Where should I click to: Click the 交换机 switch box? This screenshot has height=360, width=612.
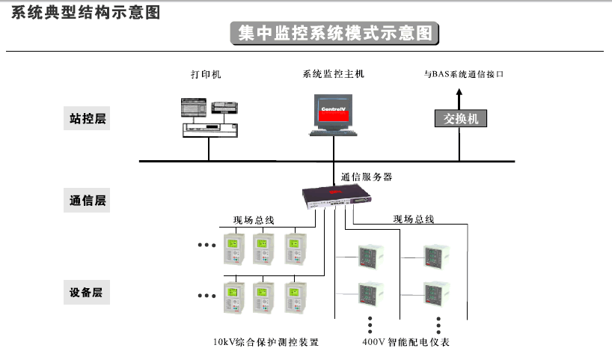pos(460,118)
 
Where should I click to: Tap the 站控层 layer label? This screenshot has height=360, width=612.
pos(87,118)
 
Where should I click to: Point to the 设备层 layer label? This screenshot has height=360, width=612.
pos(87,293)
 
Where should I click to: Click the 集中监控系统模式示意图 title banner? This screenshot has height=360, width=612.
pos(334,34)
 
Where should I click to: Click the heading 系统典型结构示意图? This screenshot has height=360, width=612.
pos(86,12)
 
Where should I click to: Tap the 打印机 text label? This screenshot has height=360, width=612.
pos(206,75)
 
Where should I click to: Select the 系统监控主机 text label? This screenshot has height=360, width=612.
pos(333,74)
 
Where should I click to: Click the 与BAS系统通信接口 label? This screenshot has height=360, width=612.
pos(464,75)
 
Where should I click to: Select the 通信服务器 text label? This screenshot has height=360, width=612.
pos(366,177)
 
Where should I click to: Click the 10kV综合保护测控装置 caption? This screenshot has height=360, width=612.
pos(266,343)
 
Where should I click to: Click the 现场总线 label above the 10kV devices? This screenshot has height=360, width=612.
pos(254,220)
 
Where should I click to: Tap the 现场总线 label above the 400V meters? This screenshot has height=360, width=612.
pos(414,219)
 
